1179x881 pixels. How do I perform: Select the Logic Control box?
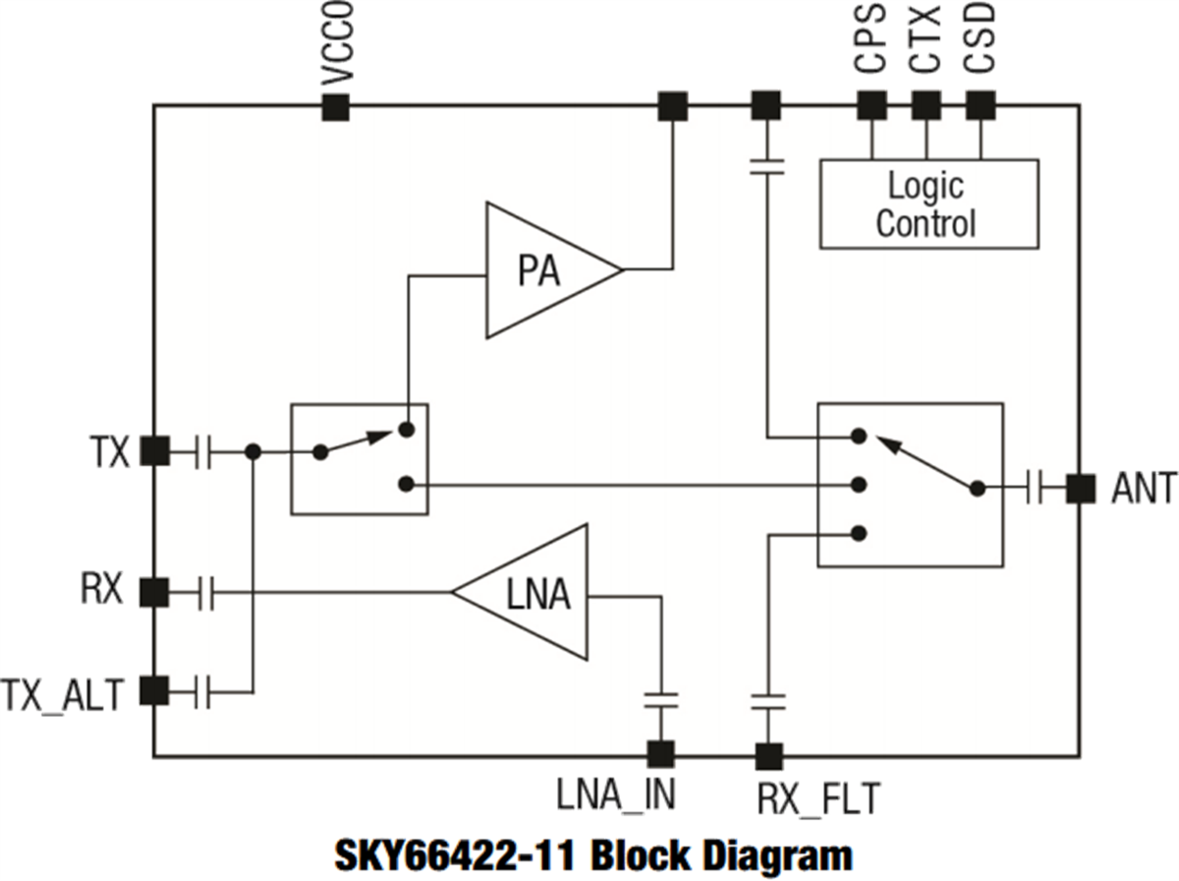[x=928, y=203]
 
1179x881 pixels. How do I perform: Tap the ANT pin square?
[x=1081, y=488]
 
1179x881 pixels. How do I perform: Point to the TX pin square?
[x=154, y=451]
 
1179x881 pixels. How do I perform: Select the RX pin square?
[x=154, y=592]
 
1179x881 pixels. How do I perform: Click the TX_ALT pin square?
[x=154, y=691]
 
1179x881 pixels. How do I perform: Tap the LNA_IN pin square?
[x=660, y=754]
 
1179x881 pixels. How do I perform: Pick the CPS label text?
[x=870, y=41]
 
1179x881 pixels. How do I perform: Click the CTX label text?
[x=926, y=41]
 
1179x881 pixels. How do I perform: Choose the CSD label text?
[x=981, y=41]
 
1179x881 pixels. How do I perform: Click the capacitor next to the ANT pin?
[x=1035, y=488]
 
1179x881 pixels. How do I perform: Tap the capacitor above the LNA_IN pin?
[x=660, y=700]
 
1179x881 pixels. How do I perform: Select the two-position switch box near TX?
[x=359, y=458]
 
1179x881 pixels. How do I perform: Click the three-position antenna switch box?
[x=910, y=485]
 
